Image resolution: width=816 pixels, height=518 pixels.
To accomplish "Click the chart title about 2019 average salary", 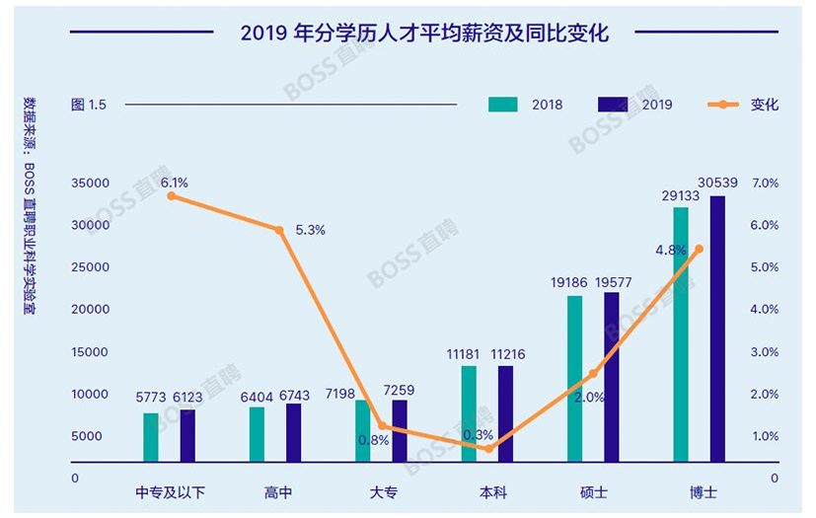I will pos(424,33).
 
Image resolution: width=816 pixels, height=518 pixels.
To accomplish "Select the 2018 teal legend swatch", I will pos(503,104).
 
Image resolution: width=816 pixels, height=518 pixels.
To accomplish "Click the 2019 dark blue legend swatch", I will pos(613,104).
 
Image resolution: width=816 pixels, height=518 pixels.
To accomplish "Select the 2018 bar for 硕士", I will pos(574,379).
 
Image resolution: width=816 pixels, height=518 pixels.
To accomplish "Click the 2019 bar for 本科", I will pos(505,413).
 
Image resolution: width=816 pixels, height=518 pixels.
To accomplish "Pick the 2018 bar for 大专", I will pos(362,430).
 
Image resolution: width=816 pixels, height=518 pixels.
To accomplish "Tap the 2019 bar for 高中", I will pos(293,432).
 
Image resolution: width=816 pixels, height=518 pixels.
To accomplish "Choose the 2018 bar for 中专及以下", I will pos(150,437).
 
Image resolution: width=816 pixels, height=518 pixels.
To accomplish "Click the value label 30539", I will pos(717,183).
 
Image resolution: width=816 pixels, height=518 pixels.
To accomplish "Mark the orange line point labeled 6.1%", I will pos(172,196).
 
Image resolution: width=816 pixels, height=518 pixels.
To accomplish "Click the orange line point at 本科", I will pos(488,449).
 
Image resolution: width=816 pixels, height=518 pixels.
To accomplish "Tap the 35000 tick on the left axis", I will pos(90,184).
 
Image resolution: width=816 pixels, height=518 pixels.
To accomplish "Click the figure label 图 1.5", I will pos(89,105).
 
